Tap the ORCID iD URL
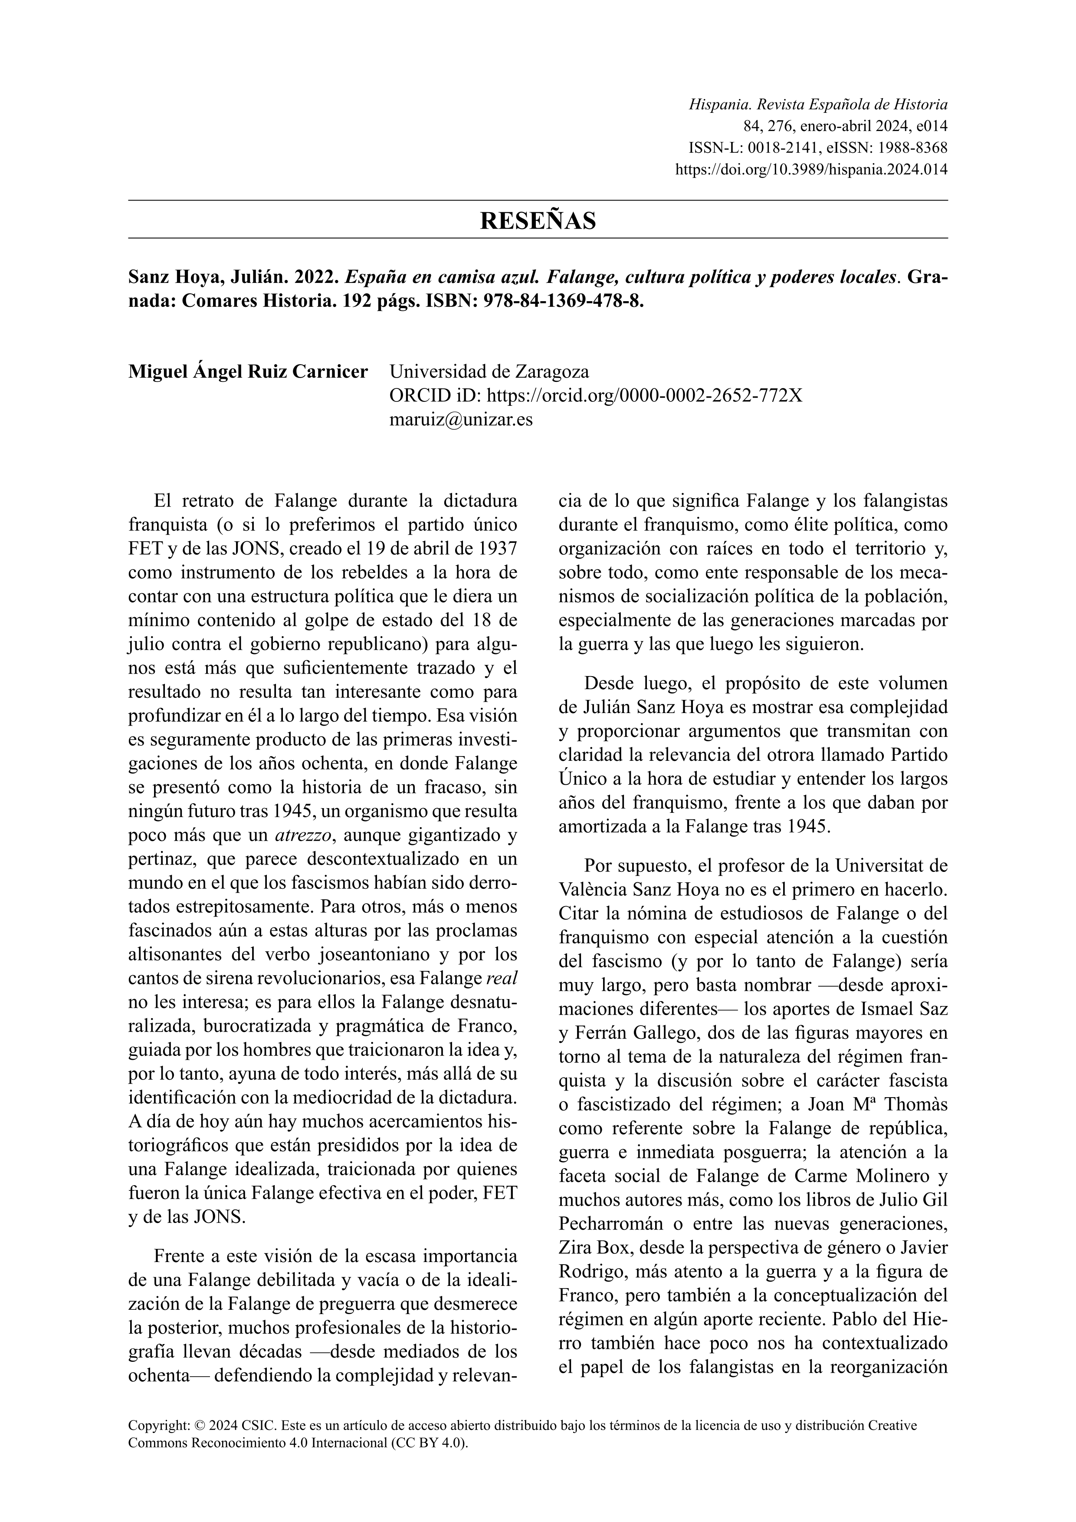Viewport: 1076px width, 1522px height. click(x=644, y=396)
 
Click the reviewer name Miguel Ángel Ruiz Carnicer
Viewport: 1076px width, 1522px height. click(x=248, y=372)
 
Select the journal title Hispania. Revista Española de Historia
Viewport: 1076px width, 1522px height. click(x=818, y=105)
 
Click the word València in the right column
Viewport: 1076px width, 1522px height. click(x=592, y=890)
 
